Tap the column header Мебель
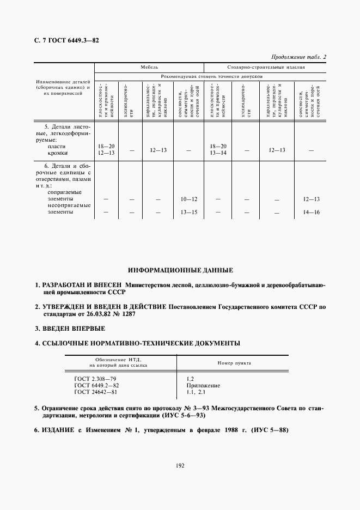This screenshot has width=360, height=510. coord(149,68)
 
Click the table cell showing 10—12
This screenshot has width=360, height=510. coord(188,199)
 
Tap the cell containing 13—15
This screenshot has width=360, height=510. coord(188,212)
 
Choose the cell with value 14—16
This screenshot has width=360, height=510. coord(310,212)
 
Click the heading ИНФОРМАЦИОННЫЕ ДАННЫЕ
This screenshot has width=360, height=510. coord(180,270)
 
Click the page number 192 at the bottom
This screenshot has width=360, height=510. coord(180,465)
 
